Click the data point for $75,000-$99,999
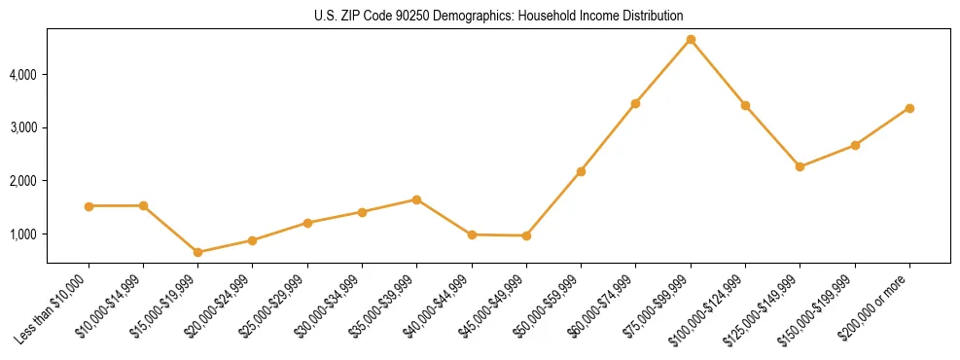click(x=691, y=40)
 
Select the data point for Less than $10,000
click(x=89, y=206)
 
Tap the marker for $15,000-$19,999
click(x=198, y=252)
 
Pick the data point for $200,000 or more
click(x=909, y=108)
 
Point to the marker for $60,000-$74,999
click(x=636, y=103)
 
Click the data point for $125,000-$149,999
click(x=800, y=166)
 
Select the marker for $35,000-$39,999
click(x=417, y=199)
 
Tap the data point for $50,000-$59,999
click(x=581, y=171)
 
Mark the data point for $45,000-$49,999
click(x=526, y=235)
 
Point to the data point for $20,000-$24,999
click(x=253, y=240)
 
